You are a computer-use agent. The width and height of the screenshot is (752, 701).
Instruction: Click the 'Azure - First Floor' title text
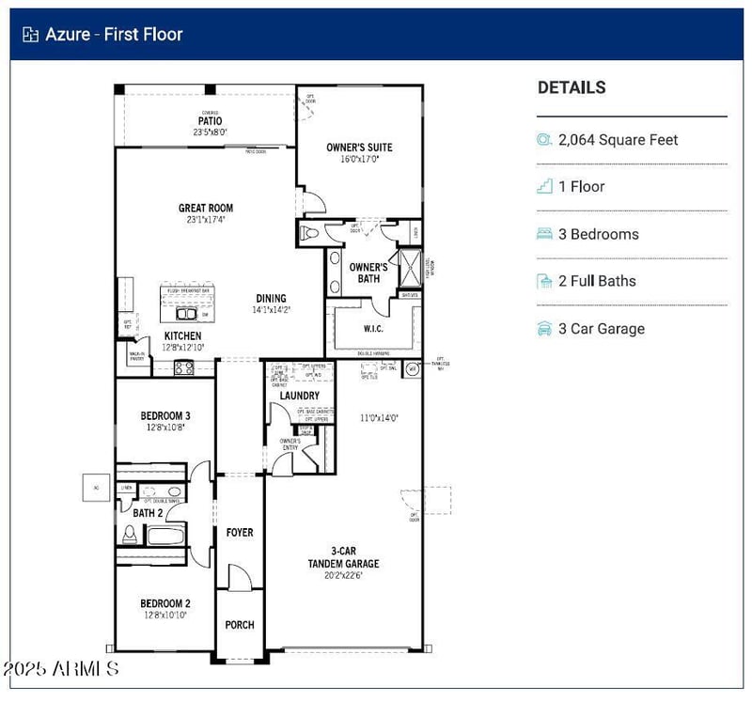114,35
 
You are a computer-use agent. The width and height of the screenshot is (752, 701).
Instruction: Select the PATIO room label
210,121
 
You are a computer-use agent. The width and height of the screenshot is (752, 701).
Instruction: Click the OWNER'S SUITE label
359,148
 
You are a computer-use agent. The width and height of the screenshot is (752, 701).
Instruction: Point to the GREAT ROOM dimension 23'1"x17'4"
206,220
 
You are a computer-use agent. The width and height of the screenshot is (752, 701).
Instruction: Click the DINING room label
271,299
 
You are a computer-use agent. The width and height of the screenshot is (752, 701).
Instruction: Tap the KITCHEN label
182,335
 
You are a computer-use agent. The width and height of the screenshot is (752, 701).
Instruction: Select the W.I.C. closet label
373,329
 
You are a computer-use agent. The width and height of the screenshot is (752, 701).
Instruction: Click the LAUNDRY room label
299,396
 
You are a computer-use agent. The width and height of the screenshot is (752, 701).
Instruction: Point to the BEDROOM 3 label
165,415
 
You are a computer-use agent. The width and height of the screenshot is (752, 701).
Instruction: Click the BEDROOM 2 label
165,603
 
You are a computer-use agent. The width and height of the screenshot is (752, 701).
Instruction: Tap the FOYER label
240,533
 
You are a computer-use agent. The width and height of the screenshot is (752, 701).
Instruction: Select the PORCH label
240,625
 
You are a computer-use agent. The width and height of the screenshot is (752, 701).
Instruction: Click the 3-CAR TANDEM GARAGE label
343,557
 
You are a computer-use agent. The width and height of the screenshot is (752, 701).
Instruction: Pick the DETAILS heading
572,87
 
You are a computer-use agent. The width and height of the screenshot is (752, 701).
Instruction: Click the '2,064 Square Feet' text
618,140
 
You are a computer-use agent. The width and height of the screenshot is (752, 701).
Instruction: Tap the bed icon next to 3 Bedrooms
544,234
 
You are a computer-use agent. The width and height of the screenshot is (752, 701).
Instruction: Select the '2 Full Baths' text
597,281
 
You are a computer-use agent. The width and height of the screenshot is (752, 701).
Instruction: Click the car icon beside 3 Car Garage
544,329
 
